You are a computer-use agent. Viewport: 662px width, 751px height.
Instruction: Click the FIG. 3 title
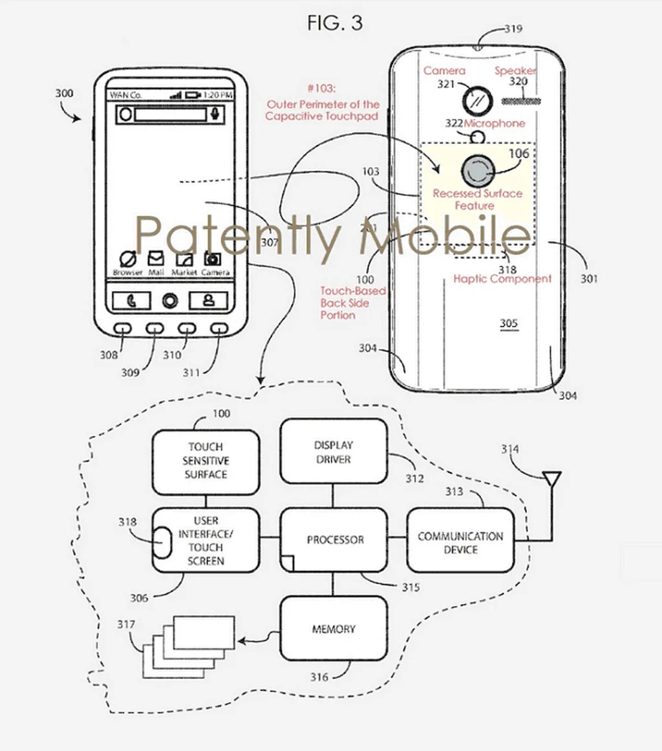[x=335, y=23]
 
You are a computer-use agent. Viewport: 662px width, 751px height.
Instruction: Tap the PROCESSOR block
[x=334, y=539]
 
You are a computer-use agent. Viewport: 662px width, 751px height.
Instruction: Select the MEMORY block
[x=334, y=628]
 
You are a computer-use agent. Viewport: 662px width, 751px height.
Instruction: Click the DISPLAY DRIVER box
[x=333, y=452]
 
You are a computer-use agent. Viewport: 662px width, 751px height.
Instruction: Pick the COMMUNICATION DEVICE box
[x=460, y=543]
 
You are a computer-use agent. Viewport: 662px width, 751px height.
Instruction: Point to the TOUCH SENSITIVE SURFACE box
[x=206, y=460]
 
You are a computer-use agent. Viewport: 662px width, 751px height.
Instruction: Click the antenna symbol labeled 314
[x=551, y=479]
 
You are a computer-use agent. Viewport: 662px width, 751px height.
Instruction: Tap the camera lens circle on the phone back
[x=477, y=100]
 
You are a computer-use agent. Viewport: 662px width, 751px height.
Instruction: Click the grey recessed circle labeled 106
[x=477, y=170]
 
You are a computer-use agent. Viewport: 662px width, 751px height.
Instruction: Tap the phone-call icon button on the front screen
[x=131, y=301]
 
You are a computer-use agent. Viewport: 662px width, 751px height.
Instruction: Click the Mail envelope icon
[x=156, y=259]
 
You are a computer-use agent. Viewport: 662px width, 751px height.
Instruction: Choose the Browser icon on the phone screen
[x=128, y=260]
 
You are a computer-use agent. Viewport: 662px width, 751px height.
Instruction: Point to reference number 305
[x=509, y=323]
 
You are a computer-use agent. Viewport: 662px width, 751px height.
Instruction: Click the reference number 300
[x=64, y=93]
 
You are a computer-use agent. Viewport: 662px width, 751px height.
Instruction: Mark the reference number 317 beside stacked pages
[x=126, y=625]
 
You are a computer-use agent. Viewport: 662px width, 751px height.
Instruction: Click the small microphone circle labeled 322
[x=478, y=136]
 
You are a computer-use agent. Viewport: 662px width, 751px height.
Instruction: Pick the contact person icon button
[x=208, y=301]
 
